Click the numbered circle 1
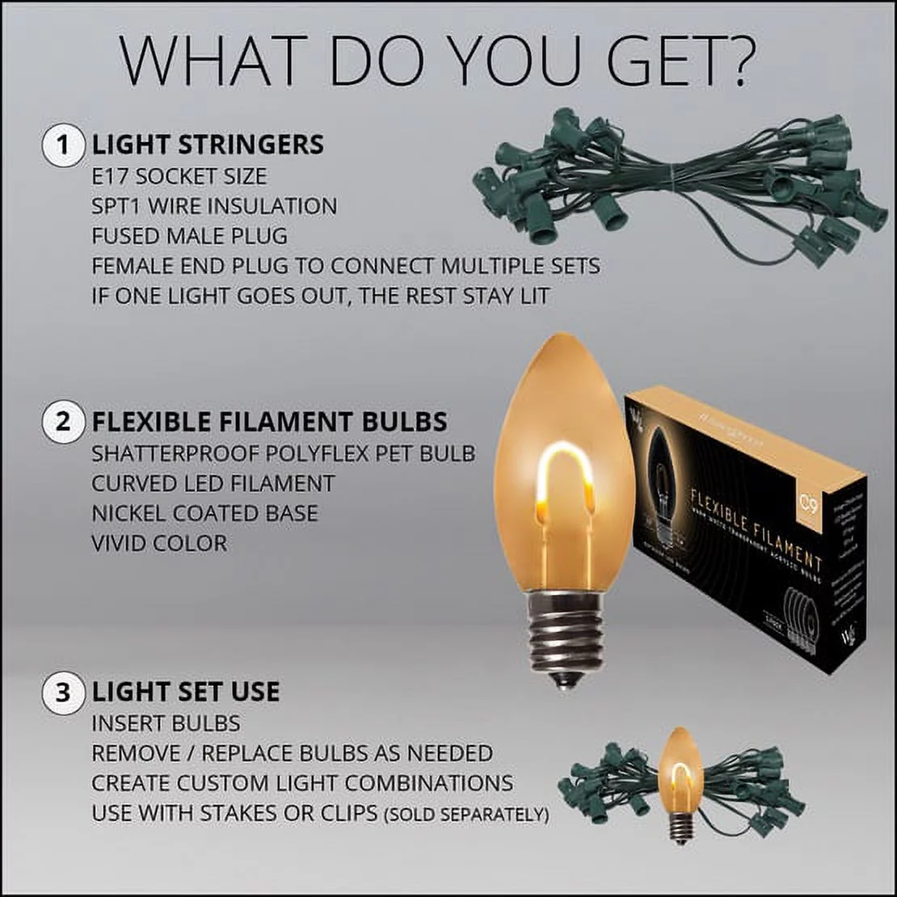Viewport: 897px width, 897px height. coord(63,146)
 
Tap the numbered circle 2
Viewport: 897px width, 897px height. coord(63,422)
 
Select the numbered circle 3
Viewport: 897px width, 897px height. coord(63,693)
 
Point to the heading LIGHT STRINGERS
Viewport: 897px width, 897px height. coord(208,145)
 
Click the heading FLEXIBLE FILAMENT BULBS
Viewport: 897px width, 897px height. coord(269,422)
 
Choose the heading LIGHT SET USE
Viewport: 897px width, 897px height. coord(186,693)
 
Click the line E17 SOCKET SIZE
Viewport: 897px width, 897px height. coord(179,176)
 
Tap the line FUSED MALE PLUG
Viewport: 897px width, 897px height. coord(189,236)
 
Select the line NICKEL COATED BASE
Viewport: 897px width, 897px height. coord(204,513)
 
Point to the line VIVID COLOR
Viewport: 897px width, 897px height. coord(159,543)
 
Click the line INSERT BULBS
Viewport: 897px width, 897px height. coord(166,723)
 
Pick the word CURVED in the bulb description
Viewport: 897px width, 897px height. coord(134,483)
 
